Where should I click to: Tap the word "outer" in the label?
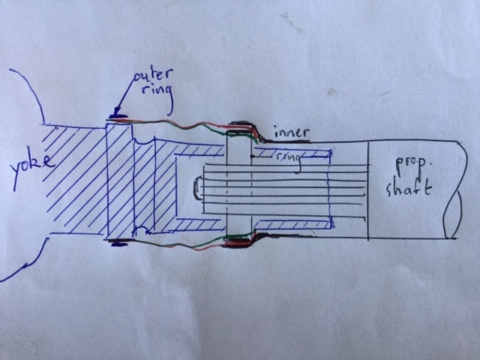coord(153,76)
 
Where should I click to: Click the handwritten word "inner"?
coord(292,133)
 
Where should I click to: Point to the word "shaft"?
coord(408,188)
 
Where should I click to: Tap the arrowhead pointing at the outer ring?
coord(118,111)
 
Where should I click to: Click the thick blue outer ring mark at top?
coord(117,115)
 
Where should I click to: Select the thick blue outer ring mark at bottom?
coord(119,244)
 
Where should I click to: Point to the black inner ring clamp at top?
coord(241,124)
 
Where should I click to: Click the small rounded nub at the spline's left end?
coord(197,188)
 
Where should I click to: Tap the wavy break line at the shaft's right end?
coord(453,190)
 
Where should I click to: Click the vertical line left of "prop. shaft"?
coord(368,190)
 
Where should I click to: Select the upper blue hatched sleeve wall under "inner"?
coord(292,153)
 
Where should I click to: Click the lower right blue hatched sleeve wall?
coord(293,224)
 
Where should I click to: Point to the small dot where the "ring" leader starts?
coord(252,156)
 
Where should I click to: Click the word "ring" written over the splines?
coord(289,160)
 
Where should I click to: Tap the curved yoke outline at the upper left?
coord(28,91)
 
